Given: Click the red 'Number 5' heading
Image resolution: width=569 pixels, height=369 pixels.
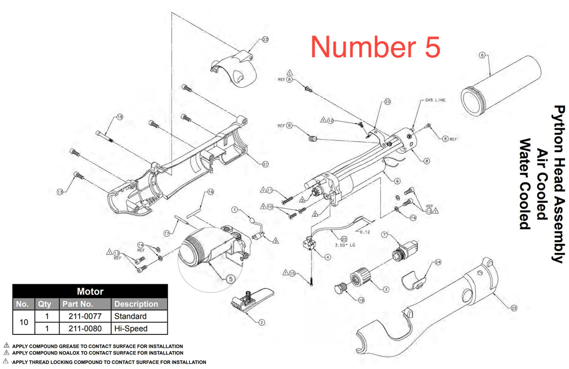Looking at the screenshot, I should pyautogui.click(x=375, y=46).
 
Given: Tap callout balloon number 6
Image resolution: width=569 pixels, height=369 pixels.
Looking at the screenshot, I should pyautogui.click(x=482, y=55).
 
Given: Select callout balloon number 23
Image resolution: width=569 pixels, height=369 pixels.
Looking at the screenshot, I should pyautogui.click(x=265, y=40).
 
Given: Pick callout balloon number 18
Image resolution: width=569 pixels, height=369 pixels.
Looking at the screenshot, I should pyautogui.click(x=119, y=117).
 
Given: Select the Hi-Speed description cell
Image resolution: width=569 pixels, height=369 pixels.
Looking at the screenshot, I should pyautogui.click(x=131, y=328).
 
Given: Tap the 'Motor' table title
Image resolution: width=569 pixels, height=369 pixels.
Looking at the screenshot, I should pyautogui.click(x=90, y=291).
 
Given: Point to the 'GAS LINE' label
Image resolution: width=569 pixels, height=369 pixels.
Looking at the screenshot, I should pyautogui.click(x=435, y=100).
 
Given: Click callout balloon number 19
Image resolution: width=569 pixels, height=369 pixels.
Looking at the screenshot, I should pyautogui.click(x=361, y=300).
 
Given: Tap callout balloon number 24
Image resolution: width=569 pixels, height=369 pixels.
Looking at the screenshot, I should pyautogui.click(x=438, y=262).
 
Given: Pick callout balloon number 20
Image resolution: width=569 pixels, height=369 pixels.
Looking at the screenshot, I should pyautogui.click(x=387, y=101).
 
